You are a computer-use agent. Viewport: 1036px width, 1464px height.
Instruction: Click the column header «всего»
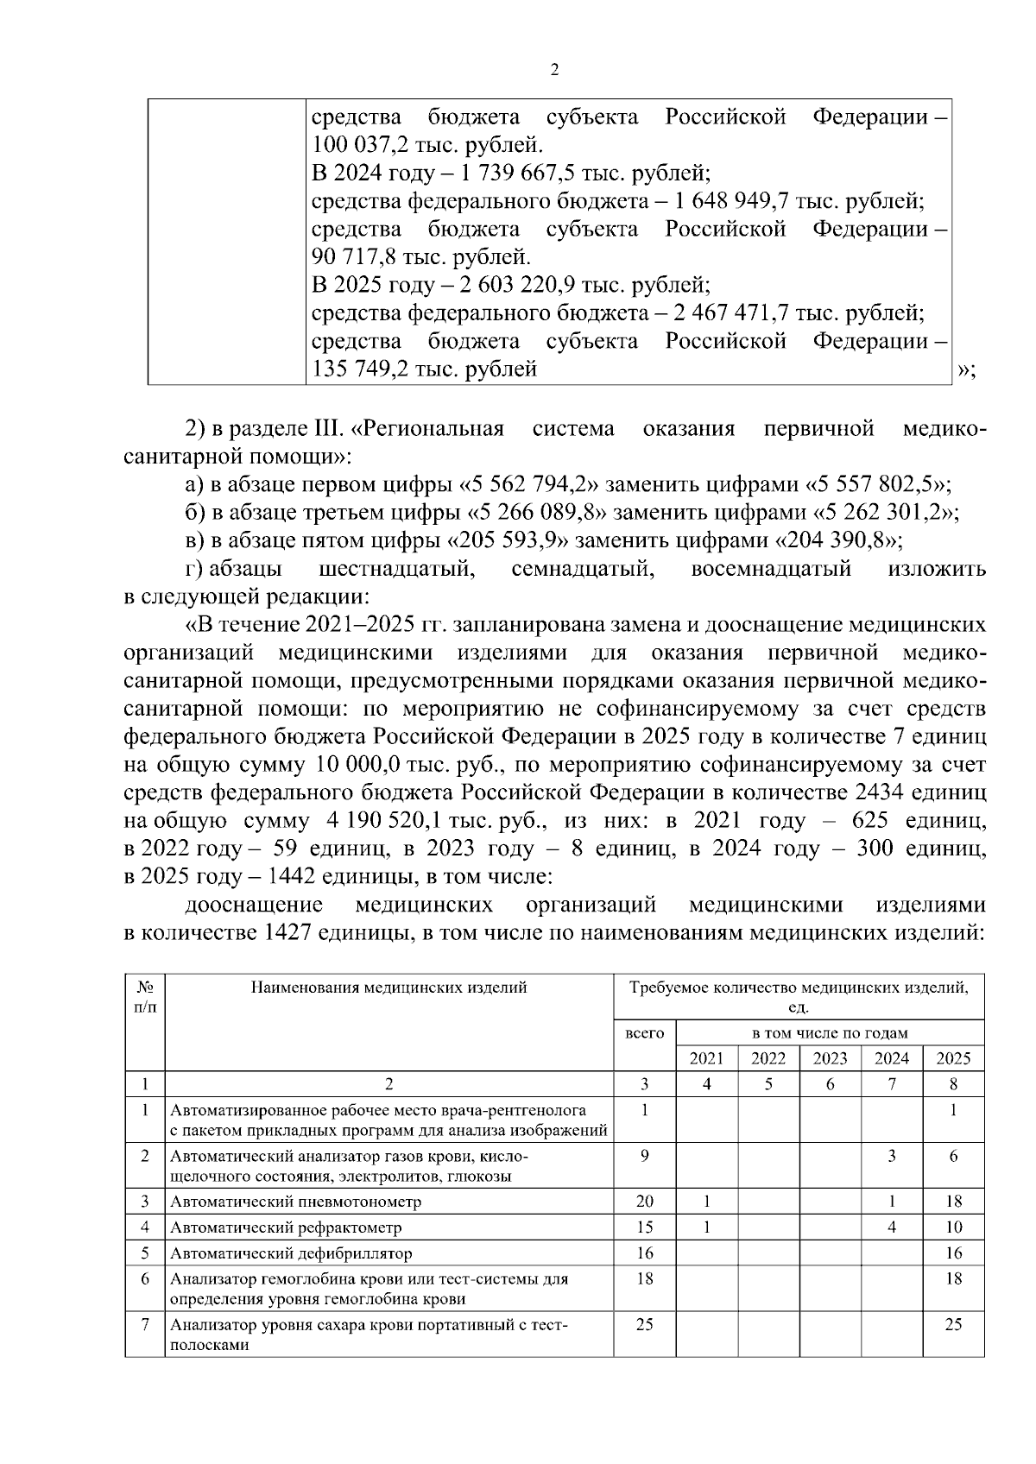644,1032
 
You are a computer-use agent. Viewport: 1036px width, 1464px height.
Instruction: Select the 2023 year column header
831,1058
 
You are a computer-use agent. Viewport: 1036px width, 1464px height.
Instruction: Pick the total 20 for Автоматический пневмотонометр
644,1202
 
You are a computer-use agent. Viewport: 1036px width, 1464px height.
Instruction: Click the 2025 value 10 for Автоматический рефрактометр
953,1227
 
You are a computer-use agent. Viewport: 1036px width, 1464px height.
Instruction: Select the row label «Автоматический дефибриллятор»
291,1253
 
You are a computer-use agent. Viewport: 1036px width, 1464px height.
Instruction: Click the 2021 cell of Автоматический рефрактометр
706,1227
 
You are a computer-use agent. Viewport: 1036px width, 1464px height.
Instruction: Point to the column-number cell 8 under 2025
953,1085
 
